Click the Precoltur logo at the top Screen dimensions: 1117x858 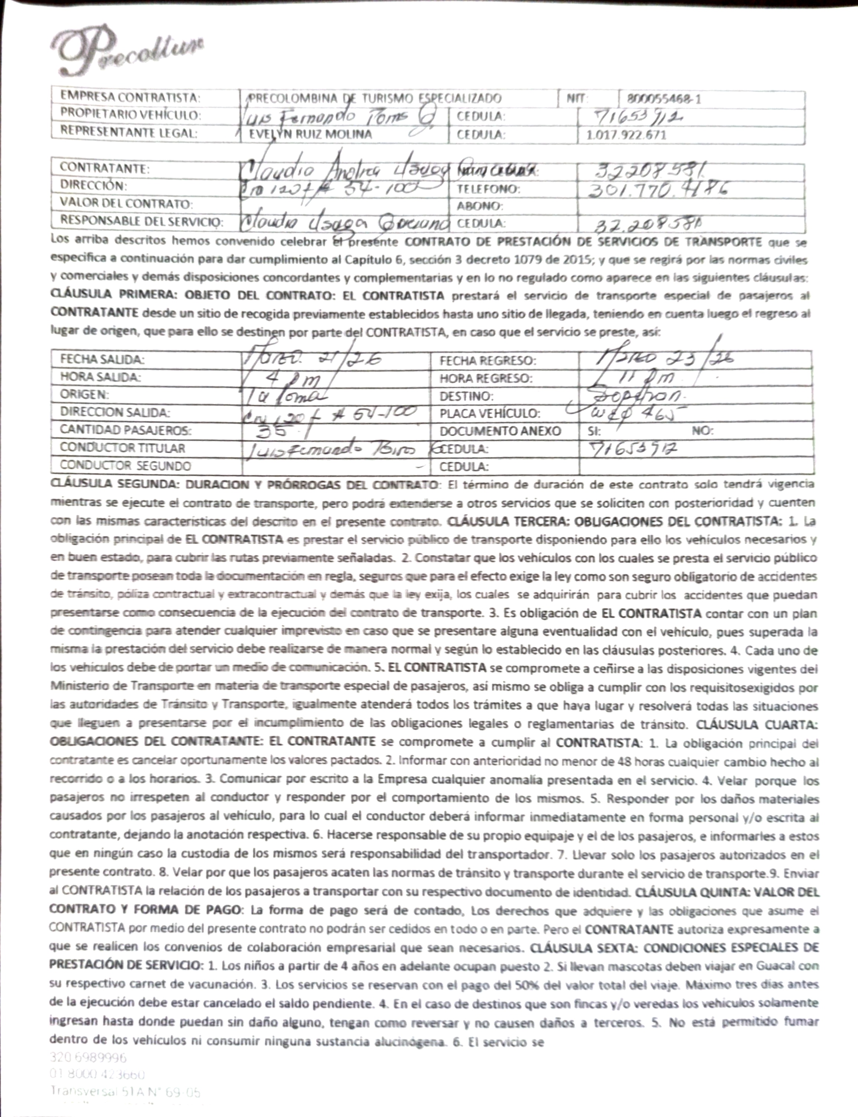tap(128, 51)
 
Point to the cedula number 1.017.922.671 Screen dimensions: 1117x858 tap(627, 135)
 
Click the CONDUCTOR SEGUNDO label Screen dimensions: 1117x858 tap(125, 465)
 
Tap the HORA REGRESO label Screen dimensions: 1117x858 tap(486, 379)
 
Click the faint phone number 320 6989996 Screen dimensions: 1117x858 tap(88, 1057)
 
